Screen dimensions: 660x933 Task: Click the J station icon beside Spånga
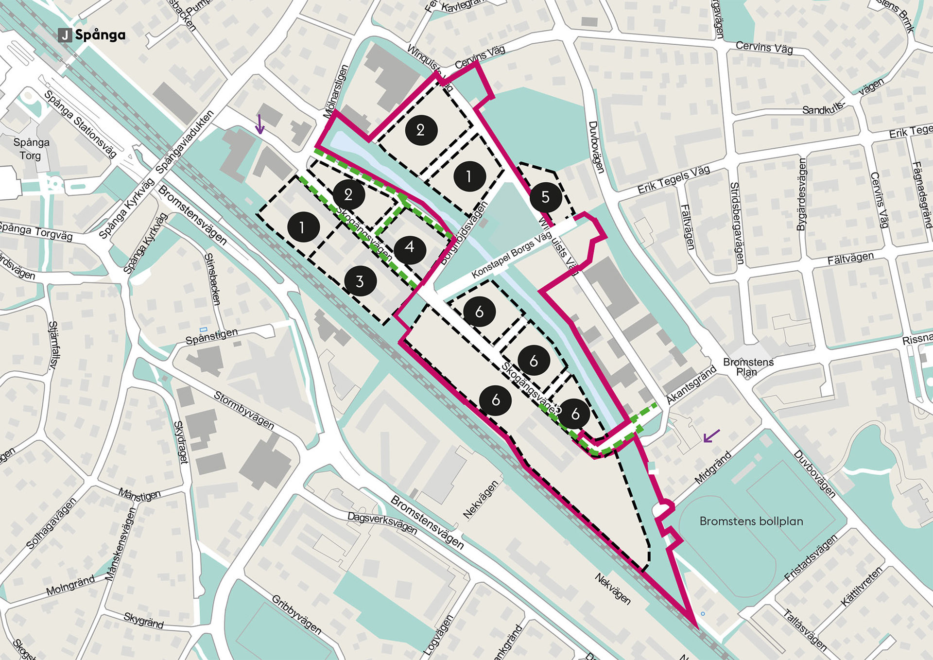point(65,35)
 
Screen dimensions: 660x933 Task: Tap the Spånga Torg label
point(31,149)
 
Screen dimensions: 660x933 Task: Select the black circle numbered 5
point(545,197)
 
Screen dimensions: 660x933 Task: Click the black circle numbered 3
point(360,281)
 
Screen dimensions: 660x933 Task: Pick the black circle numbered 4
point(410,248)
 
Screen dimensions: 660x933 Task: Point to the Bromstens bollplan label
point(751,521)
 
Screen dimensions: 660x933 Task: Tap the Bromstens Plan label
point(748,367)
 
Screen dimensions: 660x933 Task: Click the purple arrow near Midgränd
point(711,436)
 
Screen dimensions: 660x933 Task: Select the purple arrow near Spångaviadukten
point(260,124)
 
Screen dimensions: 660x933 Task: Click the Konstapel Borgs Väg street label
point(512,254)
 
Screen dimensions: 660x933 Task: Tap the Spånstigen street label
point(212,336)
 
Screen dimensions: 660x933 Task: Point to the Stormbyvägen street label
point(244,411)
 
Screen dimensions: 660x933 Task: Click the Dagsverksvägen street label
point(382,522)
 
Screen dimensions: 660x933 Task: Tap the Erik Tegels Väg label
point(674,180)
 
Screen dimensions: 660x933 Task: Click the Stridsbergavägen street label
point(737,224)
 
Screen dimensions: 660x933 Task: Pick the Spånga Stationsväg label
point(80,124)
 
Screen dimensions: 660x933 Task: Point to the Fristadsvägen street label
point(811,558)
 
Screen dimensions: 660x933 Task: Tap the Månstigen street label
point(139,495)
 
